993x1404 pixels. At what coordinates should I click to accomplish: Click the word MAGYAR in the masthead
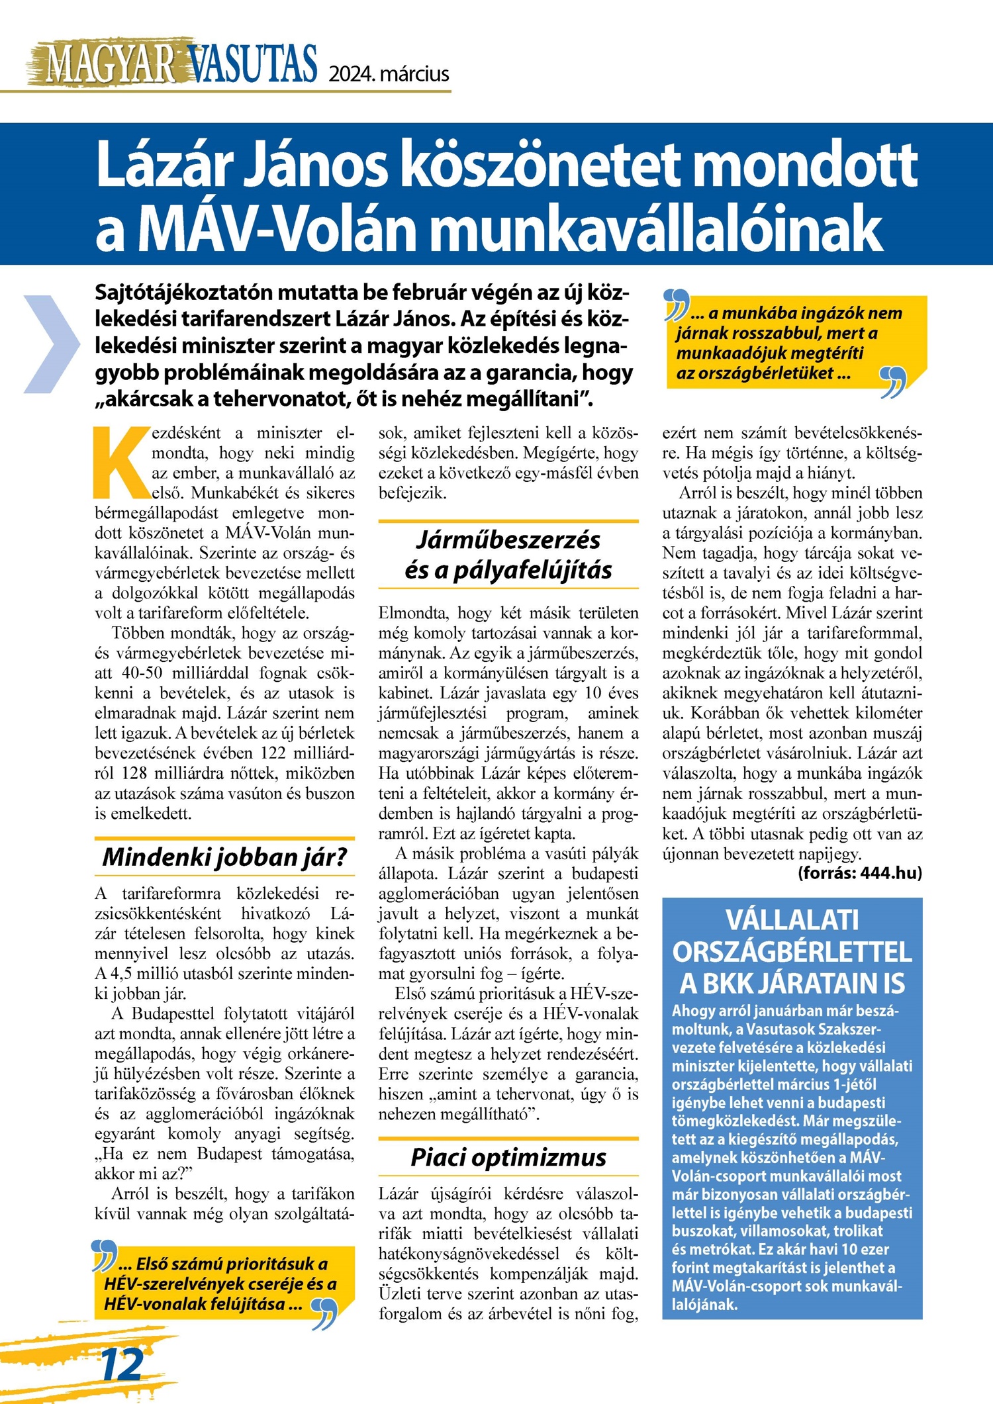(110, 65)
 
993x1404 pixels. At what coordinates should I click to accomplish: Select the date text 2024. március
(389, 73)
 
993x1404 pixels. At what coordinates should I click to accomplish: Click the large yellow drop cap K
(120, 462)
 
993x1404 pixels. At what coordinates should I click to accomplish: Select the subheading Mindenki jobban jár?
(224, 857)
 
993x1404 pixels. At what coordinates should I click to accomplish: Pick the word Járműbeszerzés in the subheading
(508, 540)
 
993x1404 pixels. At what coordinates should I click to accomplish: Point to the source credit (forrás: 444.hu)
(860, 873)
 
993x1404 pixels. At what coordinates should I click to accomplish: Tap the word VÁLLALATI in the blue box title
(792, 920)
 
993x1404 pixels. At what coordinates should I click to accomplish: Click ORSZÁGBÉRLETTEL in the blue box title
(792, 952)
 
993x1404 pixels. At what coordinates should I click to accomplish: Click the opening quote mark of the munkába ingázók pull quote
(676, 304)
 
